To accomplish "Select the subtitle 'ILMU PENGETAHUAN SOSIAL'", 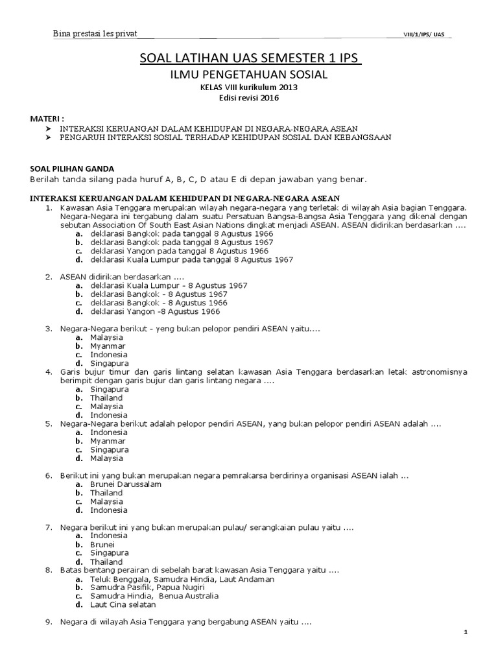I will pos(249,76).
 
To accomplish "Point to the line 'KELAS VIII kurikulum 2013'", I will pos(249,89).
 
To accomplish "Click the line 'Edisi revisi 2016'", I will pos(249,99).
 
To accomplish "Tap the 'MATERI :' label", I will pos(49,120).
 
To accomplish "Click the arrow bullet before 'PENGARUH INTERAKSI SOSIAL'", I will pos(49,137).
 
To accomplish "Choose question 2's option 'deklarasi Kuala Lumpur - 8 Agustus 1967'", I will pos(169,285).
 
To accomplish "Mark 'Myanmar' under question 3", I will pos(108,346).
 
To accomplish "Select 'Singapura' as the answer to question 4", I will pos(109,389).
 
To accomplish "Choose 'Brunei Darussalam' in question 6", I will pos(126,484).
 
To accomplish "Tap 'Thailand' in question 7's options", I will pos(106,562).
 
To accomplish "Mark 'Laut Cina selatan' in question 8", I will pos(123,604).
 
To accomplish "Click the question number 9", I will pos(48,622).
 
